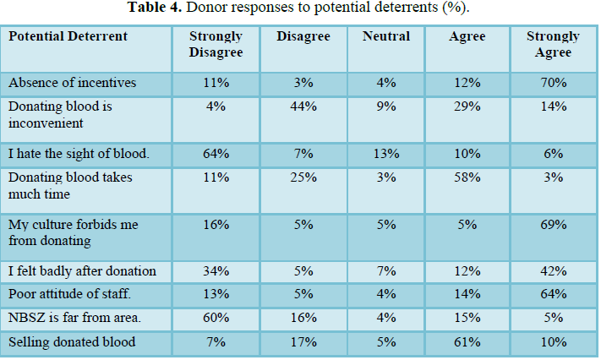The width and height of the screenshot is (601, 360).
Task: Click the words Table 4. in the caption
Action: point(155,7)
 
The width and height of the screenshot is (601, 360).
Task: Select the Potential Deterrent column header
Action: point(68,36)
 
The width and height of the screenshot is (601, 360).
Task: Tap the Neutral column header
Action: point(386,36)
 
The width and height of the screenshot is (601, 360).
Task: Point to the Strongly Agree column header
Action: point(553,44)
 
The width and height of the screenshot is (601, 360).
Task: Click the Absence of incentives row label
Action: point(72,83)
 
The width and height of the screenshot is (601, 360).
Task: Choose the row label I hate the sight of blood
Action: point(79,153)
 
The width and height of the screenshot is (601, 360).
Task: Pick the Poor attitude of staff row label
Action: point(69,294)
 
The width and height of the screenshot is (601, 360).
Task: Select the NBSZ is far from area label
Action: point(74,318)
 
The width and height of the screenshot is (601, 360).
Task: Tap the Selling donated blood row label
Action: point(72,341)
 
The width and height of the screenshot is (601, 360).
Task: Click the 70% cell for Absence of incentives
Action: point(554,83)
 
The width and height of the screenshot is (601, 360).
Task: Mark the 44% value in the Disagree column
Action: point(303,106)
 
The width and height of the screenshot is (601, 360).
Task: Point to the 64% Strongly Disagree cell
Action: point(216,153)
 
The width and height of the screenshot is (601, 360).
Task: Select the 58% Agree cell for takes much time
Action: point(467,177)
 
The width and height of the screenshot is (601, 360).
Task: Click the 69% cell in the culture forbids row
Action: point(554,224)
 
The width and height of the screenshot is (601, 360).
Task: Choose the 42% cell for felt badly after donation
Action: point(554,271)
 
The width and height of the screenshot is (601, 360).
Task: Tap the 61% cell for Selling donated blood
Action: point(467,341)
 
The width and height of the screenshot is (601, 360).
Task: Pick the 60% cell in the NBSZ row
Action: point(216,318)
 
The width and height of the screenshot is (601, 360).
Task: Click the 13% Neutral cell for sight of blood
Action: point(386,153)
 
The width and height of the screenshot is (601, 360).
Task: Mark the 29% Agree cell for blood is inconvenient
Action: point(467,106)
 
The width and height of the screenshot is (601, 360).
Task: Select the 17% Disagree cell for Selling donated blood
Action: point(303,341)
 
